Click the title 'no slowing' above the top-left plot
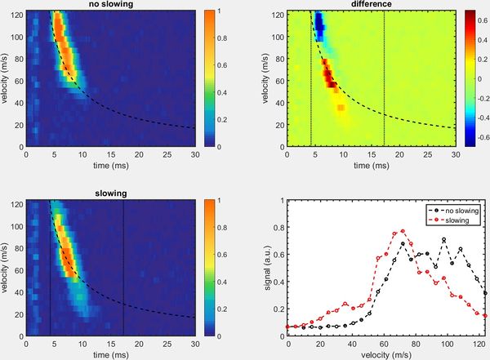tap(110, 5)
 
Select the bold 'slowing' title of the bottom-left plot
tap(110, 194)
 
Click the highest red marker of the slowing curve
tap(403, 231)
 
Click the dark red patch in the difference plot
tap(330, 77)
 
